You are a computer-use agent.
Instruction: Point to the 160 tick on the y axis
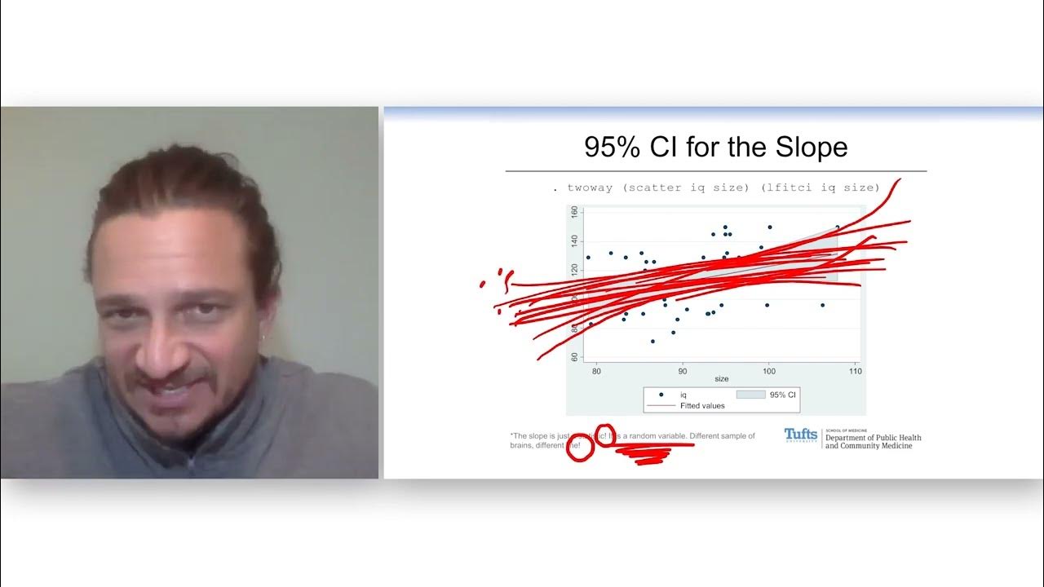(x=574, y=212)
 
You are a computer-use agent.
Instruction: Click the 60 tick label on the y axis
(x=574, y=357)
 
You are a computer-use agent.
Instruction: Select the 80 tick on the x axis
(x=596, y=371)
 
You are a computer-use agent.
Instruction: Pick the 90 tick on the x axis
(x=683, y=371)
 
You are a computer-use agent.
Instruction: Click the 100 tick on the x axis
(x=768, y=371)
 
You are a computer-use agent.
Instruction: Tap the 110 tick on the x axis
(x=854, y=371)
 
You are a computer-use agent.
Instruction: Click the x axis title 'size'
(x=722, y=379)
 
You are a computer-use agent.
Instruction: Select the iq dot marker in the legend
(x=661, y=395)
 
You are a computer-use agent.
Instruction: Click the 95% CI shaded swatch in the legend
(x=750, y=395)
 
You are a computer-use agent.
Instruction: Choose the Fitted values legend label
(x=702, y=405)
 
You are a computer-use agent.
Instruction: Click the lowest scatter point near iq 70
(x=652, y=341)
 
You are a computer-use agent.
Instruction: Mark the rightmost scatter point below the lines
(x=822, y=305)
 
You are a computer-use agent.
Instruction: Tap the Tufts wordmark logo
(x=800, y=435)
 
